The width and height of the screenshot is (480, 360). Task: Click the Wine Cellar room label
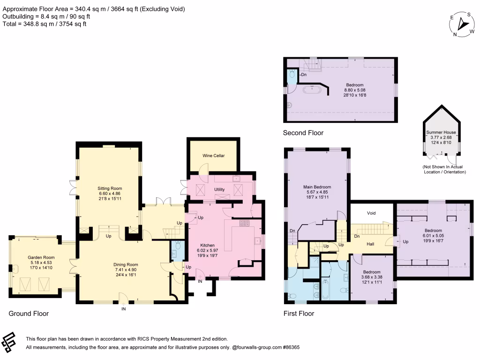[x=213, y=155]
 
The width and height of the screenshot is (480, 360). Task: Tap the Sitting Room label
[x=109, y=188]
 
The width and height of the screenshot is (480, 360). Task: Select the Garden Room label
[x=43, y=257]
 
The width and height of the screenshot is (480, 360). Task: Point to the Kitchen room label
[x=207, y=245]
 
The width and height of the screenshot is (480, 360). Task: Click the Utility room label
[x=220, y=189]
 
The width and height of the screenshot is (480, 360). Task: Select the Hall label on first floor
[x=370, y=244]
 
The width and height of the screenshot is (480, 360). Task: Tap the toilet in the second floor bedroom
[x=292, y=74]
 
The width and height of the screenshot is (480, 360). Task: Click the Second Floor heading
[x=303, y=133]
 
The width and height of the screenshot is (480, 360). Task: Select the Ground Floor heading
[x=29, y=314]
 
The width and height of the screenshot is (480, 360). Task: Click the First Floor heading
[x=299, y=314]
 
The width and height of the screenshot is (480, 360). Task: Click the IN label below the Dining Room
[x=124, y=309]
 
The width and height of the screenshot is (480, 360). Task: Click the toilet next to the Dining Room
[x=177, y=251]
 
